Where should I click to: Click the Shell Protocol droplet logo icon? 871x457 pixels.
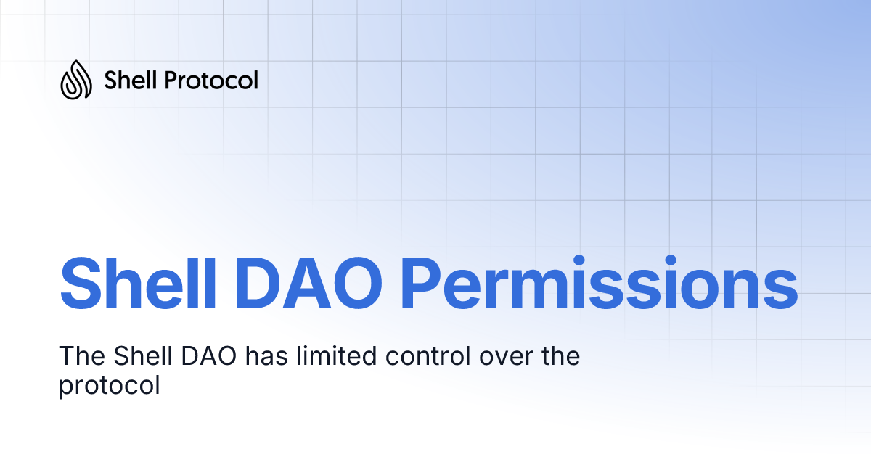click(75, 79)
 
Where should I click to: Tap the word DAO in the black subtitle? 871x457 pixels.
click(216, 357)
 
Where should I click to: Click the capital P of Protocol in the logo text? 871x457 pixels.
click(171, 80)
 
